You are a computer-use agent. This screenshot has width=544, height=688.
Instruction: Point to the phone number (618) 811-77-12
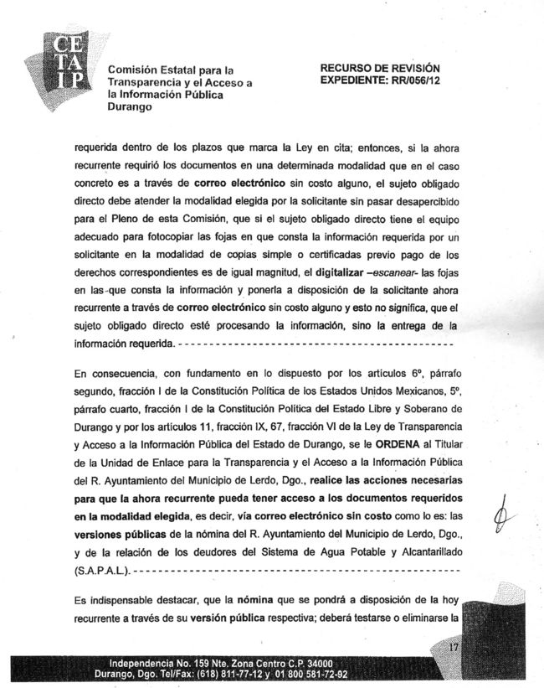coord(226,673)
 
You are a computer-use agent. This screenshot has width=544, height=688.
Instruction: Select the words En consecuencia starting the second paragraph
coord(114,372)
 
